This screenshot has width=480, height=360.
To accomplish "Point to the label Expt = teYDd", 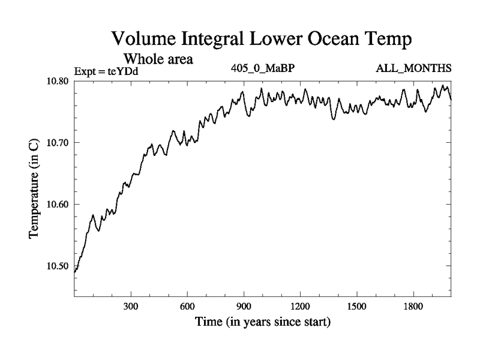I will [106, 72].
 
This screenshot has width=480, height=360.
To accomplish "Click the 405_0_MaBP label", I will [263, 68].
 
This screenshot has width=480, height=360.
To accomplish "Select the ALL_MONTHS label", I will [413, 68].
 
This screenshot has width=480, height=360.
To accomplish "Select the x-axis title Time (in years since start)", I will [262, 322].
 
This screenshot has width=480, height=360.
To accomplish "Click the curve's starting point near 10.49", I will [75, 272].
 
